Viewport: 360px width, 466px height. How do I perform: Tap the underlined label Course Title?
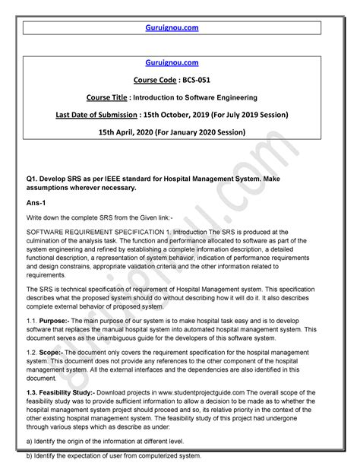tap(126, 97)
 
